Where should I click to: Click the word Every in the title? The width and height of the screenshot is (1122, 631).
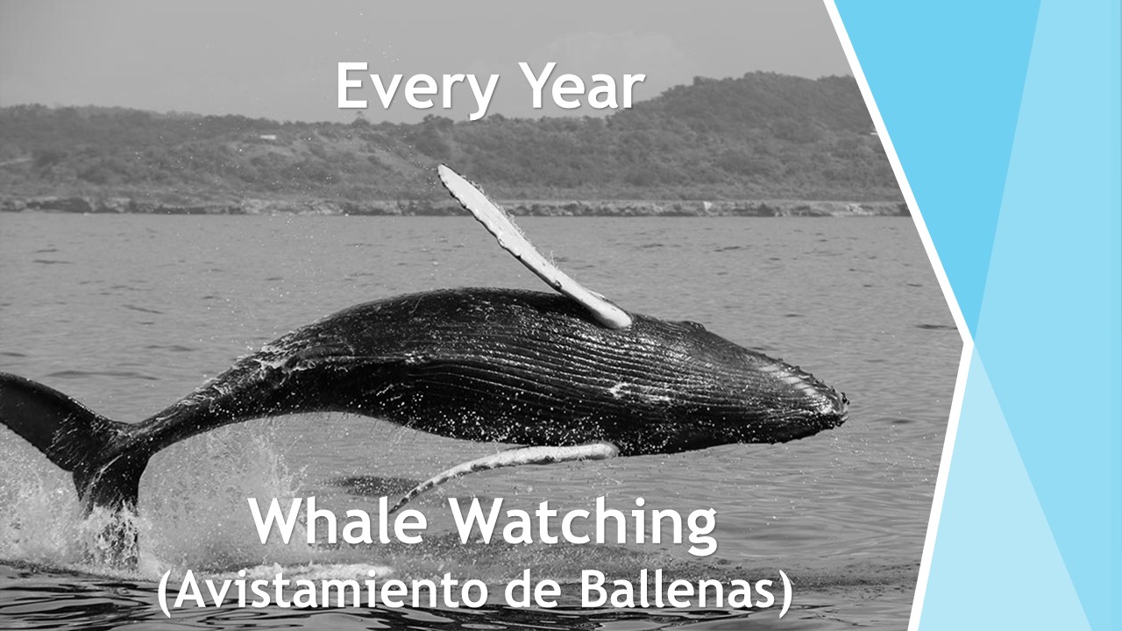point(416,89)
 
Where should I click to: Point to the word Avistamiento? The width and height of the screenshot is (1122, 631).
point(330,591)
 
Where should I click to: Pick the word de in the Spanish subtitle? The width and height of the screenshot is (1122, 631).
point(532,591)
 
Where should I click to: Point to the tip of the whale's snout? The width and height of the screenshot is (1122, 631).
point(846,401)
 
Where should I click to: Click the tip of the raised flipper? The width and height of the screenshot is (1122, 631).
point(441,168)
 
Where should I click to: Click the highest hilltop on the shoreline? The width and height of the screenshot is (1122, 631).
point(757,75)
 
